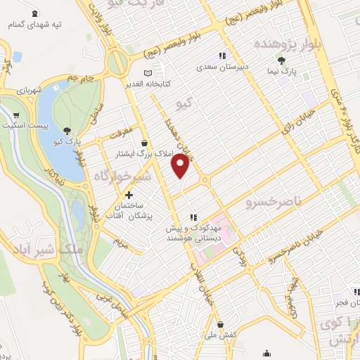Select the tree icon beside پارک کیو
[x=66, y=130]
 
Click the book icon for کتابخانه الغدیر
[x=147, y=72]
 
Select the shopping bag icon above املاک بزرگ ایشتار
[x=143, y=142]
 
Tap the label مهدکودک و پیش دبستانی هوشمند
[x=194, y=233]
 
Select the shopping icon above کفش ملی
[x=221, y=325]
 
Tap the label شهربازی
[x=30, y=92]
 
